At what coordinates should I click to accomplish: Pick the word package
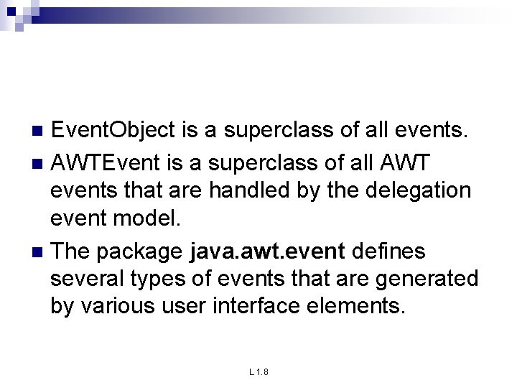click(x=141, y=251)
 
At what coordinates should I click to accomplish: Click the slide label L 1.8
click(x=258, y=371)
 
